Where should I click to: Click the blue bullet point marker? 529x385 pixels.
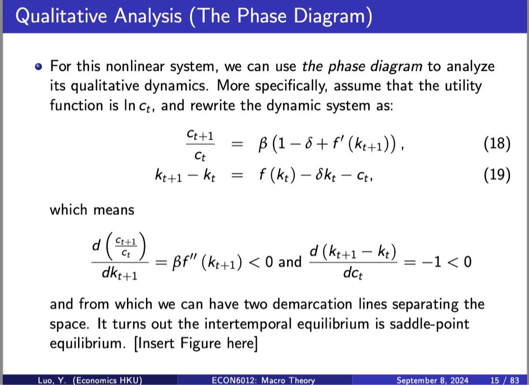coord(39,67)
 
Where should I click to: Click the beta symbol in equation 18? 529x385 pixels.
coord(263,144)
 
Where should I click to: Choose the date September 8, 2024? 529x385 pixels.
coord(432,380)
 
